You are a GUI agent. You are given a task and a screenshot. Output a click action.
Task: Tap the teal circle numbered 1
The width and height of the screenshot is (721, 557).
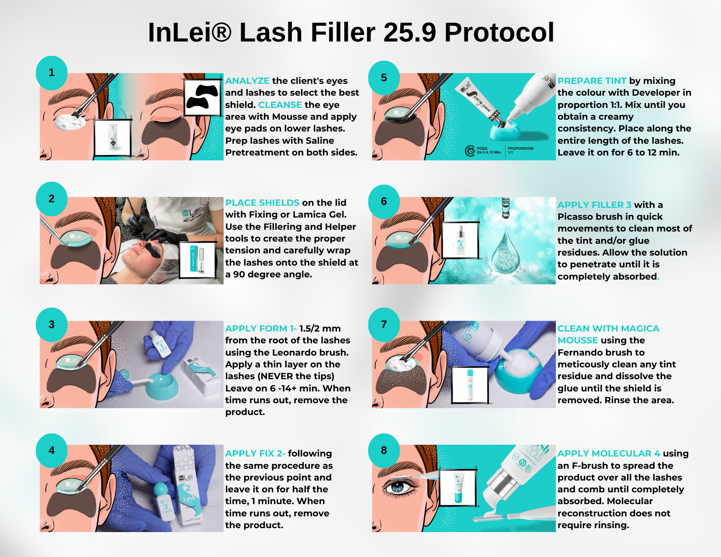pyautogui.click(x=52, y=73)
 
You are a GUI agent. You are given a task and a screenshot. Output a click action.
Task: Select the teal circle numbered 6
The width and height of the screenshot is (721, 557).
pyautogui.click(x=384, y=201)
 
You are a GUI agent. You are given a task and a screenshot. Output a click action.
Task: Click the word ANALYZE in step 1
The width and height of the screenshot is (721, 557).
pyautogui.click(x=247, y=81)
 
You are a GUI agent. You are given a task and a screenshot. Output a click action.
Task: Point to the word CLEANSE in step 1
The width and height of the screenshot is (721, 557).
pyautogui.click(x=280, y=105)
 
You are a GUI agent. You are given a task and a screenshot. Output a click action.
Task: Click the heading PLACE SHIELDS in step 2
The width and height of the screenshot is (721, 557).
pyautogui.click(x=262, y=203)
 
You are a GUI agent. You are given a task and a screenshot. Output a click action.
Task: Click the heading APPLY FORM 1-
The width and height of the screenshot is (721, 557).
pyautogui.click(x=261, y=329)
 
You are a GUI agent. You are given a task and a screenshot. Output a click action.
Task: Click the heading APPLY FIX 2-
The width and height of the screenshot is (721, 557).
pyautogui.click(x=255, y=453)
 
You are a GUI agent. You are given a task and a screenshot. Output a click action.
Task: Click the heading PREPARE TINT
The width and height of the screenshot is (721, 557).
pyautogui.click(x=592, y=81)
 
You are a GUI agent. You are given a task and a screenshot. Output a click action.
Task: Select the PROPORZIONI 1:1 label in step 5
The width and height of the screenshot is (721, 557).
pyautogui.click(x=520, y=150)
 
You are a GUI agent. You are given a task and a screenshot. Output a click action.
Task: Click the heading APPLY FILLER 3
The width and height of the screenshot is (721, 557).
pyautogui.click(x=594, y=205)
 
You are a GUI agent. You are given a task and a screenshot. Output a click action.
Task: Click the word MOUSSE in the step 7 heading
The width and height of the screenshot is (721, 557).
pyautogui.click(x=578, y=340)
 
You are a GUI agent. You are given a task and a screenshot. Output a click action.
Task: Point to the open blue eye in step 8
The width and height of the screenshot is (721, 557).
pyautogui.click(x=398, y=487)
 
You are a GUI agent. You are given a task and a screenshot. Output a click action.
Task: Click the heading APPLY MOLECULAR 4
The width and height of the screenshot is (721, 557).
pyautogui.click(x=609, y=453)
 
